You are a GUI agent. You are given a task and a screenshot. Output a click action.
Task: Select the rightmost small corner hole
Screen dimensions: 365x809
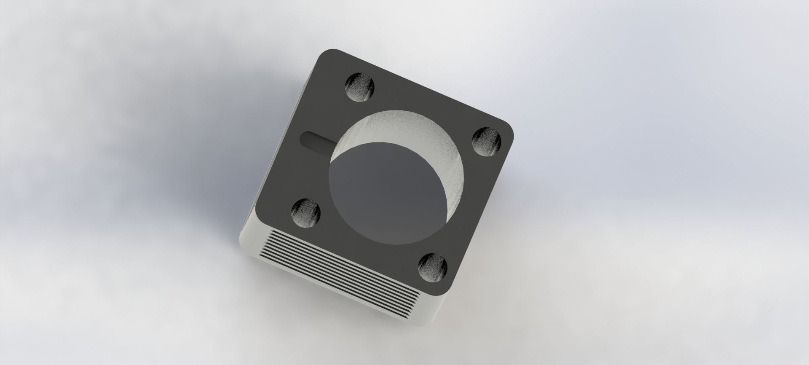pos(486,142)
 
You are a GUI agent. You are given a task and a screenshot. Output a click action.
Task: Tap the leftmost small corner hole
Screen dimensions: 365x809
pos(306,212)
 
